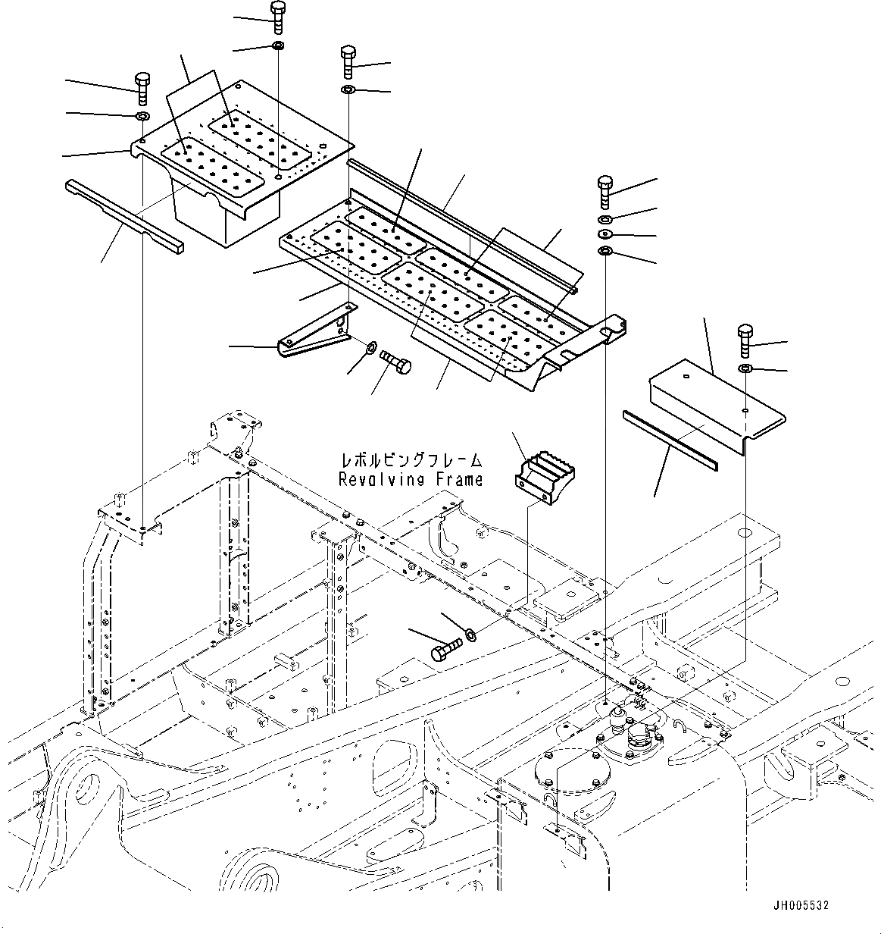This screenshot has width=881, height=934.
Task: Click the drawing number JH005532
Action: [801, 904]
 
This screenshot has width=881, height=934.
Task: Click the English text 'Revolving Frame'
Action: [411, 479]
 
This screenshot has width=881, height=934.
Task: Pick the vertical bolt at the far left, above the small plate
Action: [142, 88]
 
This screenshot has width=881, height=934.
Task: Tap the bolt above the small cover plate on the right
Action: [745, 340]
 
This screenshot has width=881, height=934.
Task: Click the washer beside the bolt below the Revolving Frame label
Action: [470, 632]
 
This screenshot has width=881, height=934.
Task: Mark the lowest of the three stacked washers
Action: [605, 252]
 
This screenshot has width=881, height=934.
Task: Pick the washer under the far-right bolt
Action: [745, 369]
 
